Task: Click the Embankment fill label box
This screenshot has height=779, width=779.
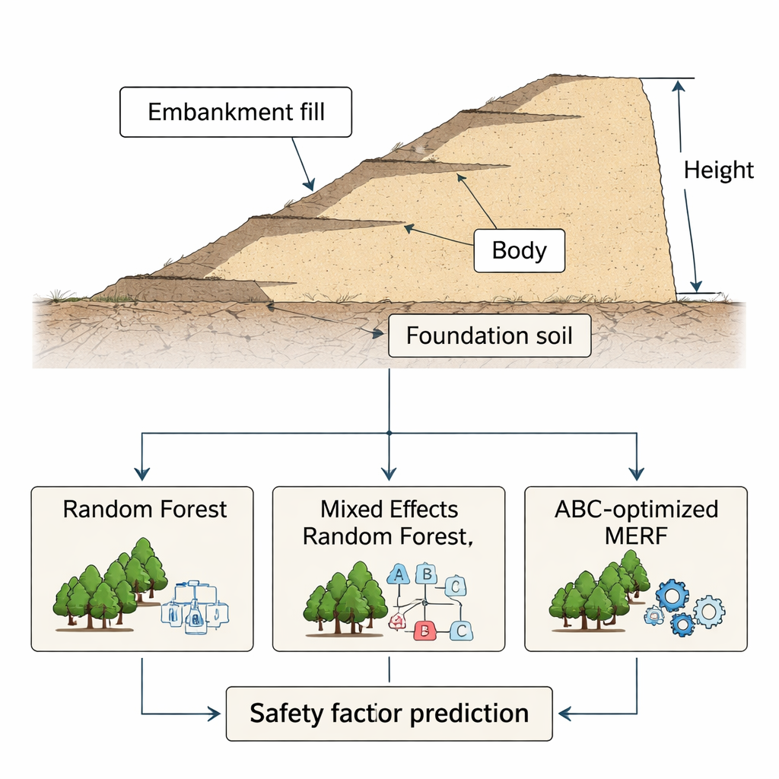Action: tap(236, 113)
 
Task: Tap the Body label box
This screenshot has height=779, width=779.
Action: tap(519, 250)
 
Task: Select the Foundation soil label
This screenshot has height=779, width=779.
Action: tap(489, 335)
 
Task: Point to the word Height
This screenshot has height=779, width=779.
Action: tap(719, 170)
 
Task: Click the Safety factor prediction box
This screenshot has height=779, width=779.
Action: tap(389, 714)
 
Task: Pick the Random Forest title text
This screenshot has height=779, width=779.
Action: tap(145, 509)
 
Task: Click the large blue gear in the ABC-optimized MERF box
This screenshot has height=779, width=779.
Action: tap(672, 595)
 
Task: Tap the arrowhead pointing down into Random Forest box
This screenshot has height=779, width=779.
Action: tap(142, 475)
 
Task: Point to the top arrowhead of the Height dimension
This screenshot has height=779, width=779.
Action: tap(672, 84)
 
